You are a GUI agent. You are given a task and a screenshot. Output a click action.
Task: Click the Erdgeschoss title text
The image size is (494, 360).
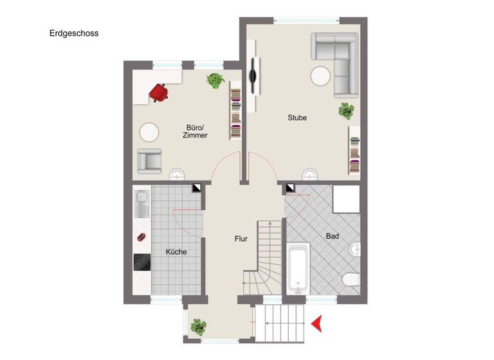click(74, 33)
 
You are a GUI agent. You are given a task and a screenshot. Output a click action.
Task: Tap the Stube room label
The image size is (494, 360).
click(297, 118)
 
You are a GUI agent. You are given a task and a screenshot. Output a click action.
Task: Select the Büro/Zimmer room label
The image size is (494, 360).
click(195, 131)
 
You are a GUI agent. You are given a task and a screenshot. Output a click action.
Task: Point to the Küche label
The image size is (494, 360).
click(176, 252)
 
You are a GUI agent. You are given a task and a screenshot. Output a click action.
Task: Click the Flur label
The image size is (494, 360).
click(241, 239)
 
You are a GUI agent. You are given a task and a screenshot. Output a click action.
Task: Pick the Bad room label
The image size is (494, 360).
click(332, 237)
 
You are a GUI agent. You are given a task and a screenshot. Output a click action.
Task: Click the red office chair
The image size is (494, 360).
click(158, 92)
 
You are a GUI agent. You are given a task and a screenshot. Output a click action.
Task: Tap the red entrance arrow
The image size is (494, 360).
click(316, 324)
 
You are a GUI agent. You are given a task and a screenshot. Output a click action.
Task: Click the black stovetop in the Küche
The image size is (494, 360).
click(142, 262)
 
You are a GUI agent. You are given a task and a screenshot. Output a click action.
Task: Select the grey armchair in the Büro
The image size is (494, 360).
click(150, 160)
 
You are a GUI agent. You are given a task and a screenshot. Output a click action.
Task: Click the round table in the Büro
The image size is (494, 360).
click(149, 132)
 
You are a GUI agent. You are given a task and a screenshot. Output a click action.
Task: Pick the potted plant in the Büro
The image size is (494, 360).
click(215, 81)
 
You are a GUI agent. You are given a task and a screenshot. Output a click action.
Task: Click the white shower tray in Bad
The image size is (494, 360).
click(346, 199)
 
